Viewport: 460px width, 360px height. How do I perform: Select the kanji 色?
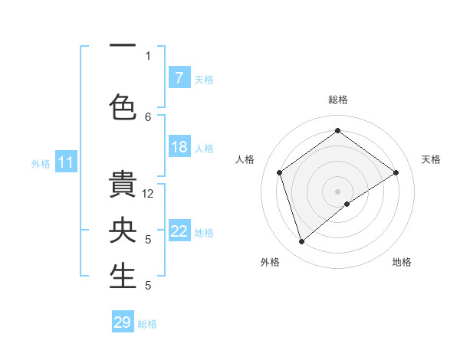[x=122, y=106]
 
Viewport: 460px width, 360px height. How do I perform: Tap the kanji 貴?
[x=122, y=185]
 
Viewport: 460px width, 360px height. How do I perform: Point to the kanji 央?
[x=122, y=230]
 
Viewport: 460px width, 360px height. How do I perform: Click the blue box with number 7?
[x=179, y=77]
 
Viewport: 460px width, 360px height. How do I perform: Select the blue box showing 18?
[x=179, y=147]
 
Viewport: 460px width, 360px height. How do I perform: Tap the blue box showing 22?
[x=179, y=231]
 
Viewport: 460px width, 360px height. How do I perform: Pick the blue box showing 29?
[x=123, y=322]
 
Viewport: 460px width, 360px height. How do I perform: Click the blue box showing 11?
[x=66, y=162]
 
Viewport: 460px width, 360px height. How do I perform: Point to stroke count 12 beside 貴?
[x=149, y=194]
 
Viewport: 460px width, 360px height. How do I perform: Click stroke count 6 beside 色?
[x=149, y=116]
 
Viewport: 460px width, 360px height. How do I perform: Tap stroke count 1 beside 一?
[x=149, y=55]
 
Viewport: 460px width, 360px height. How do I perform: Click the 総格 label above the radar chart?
[x=338, y=100]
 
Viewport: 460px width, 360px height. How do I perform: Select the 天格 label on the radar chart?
[x=431, y=159]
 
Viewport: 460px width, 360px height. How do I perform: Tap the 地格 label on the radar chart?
[x=402, y=262]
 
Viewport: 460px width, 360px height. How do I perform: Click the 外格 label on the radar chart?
[x=270, y=262]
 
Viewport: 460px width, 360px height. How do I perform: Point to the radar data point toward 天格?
[x=396, y=172]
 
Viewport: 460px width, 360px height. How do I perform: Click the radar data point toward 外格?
[x=301, y=242]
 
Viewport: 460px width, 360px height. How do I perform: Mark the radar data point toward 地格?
[x=347, y=204]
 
